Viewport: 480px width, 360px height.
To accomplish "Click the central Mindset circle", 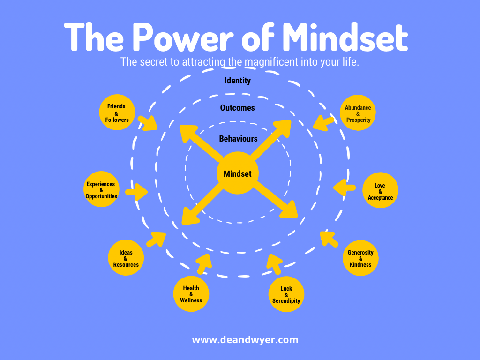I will click(238, 173).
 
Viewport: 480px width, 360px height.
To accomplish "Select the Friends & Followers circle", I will click(117, 113).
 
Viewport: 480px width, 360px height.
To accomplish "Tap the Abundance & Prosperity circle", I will click(358, 113).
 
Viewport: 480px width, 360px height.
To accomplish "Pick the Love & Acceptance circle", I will click(380, 191).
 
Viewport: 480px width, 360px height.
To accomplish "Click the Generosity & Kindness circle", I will click(360, 258).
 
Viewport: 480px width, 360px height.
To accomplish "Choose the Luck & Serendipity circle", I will click(286, 294).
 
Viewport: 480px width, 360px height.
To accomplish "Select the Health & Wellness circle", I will click(191, 294).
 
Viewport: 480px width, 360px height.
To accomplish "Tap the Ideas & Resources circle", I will click(126, 258).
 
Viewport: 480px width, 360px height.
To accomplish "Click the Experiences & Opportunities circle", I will click(101, 190).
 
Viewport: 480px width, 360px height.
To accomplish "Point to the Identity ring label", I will click(238, 81).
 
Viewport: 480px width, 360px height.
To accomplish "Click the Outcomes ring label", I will click(238, 108).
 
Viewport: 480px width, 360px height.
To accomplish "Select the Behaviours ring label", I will click(238, 139).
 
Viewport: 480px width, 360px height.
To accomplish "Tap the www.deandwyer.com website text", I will click(245, 340).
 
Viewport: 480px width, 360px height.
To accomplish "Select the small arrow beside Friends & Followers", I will click(149, 122).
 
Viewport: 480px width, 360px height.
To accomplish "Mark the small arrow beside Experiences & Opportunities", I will click(136, 191).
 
